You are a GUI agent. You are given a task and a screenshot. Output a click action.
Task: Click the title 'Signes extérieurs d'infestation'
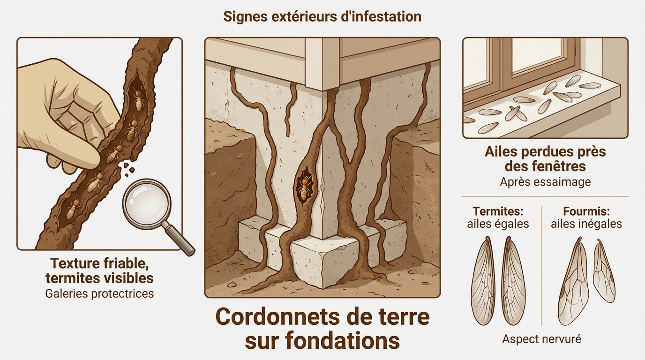tap(322, 17)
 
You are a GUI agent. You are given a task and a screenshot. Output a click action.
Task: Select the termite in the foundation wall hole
tap(304, 187)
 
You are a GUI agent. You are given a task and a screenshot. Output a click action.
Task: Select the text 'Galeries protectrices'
tap(99, 294)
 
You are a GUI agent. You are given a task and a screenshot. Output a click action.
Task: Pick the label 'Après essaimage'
tap(545, 182)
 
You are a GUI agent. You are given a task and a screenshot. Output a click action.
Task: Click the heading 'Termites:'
tap(498, 211)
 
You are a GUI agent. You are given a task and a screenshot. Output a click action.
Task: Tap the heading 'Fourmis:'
tap(586, 211)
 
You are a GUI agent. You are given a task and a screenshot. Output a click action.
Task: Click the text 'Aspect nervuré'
tap(541, 339)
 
